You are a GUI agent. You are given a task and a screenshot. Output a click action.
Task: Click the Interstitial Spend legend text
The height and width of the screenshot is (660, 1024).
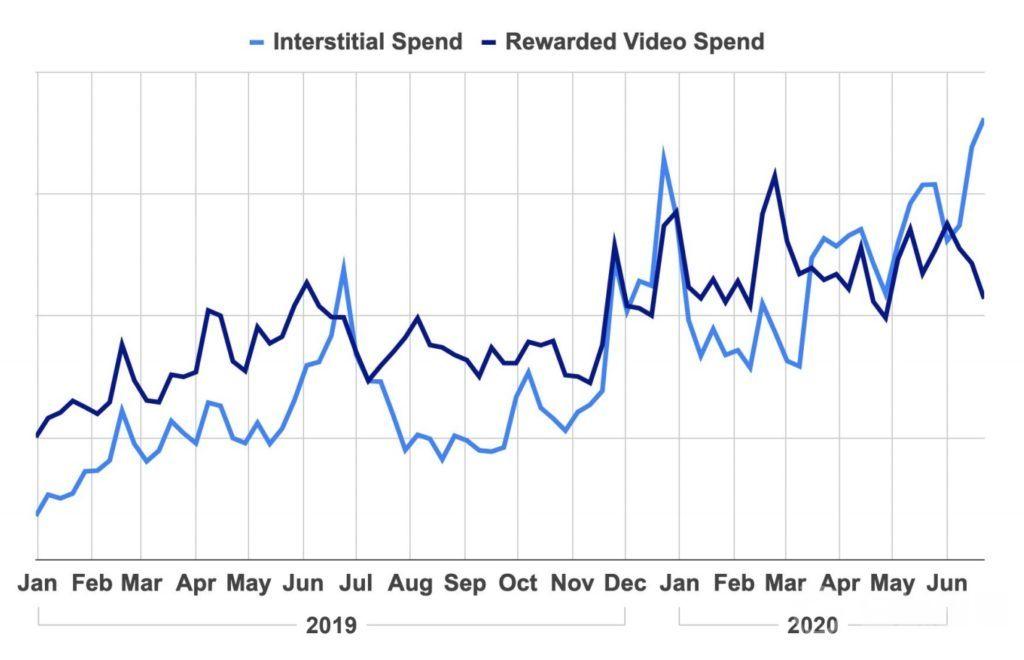[367, 42]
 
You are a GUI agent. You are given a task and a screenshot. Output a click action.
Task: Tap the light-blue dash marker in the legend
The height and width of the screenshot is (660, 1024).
[257, 42]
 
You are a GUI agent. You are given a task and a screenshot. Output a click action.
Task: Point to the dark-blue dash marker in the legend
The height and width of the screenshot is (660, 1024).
[490, 42]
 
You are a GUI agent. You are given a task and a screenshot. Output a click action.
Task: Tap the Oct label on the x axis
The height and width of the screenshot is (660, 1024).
[518, 584]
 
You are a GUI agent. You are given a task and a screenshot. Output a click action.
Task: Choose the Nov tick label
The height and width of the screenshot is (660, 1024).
[572, 584]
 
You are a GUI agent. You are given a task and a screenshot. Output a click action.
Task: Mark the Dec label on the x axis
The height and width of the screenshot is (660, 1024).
[626, 584]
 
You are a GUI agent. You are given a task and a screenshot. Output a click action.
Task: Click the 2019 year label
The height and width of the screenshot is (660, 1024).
[331, 626]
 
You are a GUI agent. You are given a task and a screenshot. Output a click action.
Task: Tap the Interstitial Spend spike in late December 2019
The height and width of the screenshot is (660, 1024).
[663, 154]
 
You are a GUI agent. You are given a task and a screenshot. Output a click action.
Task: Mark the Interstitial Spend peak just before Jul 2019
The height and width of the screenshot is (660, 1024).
[344, 265]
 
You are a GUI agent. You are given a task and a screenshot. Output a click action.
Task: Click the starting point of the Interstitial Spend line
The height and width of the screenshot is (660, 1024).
[37, 514]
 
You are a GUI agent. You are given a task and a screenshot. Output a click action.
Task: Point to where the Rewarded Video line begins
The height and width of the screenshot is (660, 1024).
[37, 436]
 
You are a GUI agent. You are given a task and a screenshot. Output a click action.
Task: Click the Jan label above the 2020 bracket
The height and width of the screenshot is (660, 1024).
[680, 584]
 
